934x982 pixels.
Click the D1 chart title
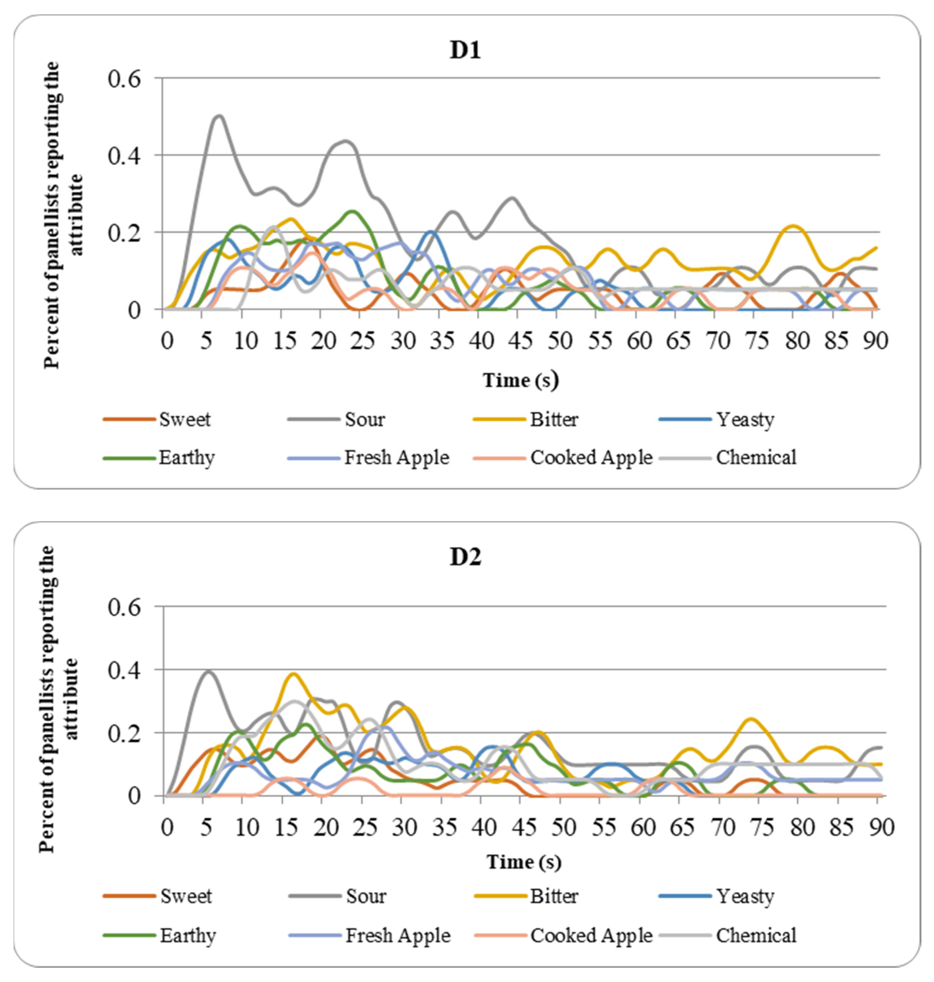click(465, 51)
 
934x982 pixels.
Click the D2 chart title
click(465, 558)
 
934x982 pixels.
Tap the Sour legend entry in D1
click(364, 420)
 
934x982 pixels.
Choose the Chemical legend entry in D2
click(756, 935)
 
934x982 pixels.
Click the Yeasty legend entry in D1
click(745, 420)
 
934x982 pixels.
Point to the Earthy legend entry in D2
click(188, 935)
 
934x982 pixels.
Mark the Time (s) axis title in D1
click(520, 380)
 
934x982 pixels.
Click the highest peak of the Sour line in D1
click(219, 116)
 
